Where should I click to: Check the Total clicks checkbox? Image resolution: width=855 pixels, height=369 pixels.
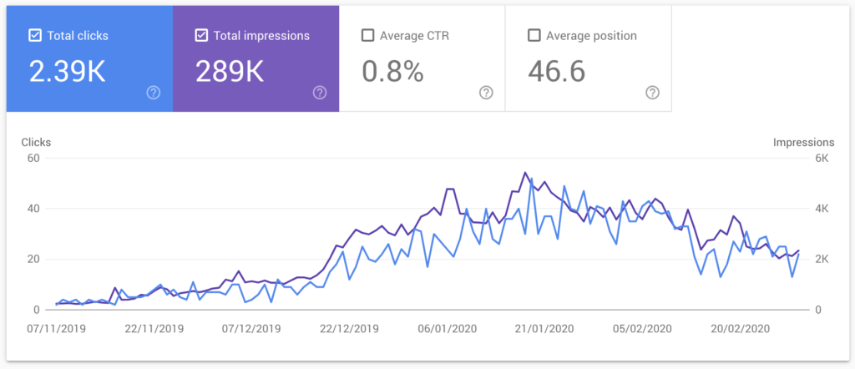coord(35,35)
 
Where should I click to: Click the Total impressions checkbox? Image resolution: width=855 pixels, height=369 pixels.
coord(201,35)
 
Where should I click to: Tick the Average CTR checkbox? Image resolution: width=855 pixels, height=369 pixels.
coord(367,35)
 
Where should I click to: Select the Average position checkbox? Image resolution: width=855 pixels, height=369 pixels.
coord(534,35)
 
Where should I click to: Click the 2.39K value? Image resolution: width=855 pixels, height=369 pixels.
coord(68,72)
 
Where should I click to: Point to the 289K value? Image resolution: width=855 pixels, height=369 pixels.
coord(230,72)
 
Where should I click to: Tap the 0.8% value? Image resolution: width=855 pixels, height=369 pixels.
coord(392,72)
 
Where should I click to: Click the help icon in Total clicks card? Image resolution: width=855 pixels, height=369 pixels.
coord(153,93)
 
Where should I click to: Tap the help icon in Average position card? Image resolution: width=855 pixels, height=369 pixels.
coord(652,93)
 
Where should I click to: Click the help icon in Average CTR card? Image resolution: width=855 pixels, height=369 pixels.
coord(486,93)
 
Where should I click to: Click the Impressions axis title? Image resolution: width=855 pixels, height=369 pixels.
coord(803,142)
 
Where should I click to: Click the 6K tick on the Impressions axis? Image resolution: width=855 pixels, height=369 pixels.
coord(822,158)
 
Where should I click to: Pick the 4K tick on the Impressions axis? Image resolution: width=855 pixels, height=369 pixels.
coord(822,209)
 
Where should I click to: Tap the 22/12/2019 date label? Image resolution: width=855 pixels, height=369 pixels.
coord(349,328)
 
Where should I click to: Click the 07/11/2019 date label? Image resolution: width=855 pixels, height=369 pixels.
coord(55,328)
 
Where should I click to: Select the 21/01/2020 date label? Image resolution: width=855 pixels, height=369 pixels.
coord(544,328)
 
